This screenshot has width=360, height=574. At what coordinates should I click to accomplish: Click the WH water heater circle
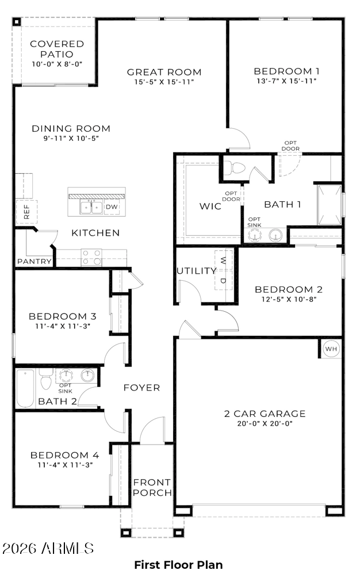pos(331,349)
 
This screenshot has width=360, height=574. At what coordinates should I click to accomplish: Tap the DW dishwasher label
pos(112,207)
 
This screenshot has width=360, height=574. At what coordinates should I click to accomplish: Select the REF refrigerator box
pos(26,212)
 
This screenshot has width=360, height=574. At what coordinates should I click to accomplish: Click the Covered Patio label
pos(57,49)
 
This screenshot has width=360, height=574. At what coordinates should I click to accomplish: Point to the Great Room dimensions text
pos(164,82)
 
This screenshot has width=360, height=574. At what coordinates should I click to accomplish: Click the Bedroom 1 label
pos(286,71)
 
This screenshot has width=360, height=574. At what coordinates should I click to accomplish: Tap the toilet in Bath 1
pos(234,168)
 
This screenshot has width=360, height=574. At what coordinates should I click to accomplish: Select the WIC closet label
pos(210,206)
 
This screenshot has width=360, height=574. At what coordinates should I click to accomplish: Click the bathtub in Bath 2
pos(25,388)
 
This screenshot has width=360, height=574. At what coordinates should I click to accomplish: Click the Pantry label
pos(35,261)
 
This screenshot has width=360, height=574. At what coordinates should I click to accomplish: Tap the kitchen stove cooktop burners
pos(91,257)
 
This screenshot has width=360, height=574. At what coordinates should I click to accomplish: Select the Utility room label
pos(197,271)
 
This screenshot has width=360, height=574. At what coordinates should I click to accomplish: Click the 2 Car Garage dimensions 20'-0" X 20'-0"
pos(265,424)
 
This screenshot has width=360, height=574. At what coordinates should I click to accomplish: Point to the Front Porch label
pos(152,488)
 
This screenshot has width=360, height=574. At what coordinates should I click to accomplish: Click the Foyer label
pos(141,388)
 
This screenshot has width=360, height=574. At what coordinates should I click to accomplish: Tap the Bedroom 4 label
pos(65,456)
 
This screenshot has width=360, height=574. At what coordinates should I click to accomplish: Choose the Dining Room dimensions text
pos(71,139)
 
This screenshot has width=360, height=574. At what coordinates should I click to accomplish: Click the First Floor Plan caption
pos(178,564)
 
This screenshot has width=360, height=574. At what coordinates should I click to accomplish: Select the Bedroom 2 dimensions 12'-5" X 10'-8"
pos(289,299)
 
